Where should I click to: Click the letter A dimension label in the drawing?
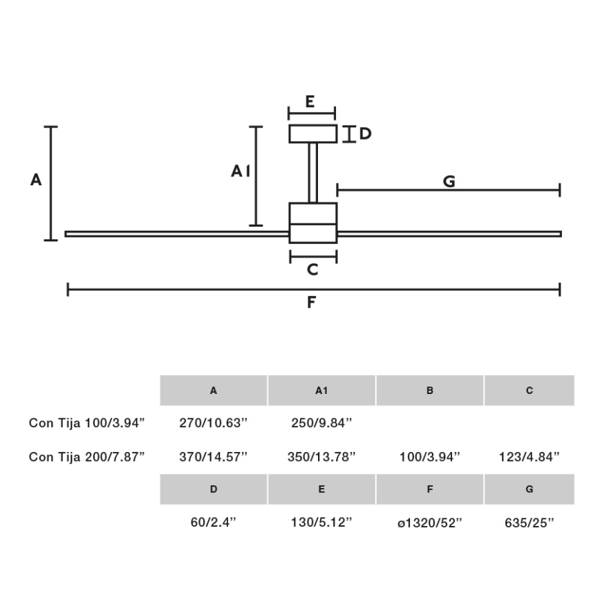pyautogui.click(x=37, y=180)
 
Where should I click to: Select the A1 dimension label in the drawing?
pyautogui.click(x=241, y=171)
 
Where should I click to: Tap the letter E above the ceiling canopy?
pyautogui.click(x=310, y=102)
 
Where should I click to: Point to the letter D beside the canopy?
pyautogui.click(x=364, y=133)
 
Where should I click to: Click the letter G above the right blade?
pyautogui.click(x=449, y=181)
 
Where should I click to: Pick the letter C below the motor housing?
pyautogui.click(x=312, y=270)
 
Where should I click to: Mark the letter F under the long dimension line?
pyautogui.click(x=311, y=302)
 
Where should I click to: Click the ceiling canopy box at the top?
pyautogui.click(x=312, y=133)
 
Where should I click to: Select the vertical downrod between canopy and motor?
pyautogui.click(x=312, y=173)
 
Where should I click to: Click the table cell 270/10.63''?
pyautogui.click(x=214, y=422)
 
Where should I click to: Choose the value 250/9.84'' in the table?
pyautogui.click(x=321, y=422)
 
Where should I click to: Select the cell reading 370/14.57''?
pyautogui.click(x=214, y=456)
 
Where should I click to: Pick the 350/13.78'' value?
pyautogui.click(x=321, y=456)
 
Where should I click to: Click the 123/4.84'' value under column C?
pyautogui.click(x=529, y=456)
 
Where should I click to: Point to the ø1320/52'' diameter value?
pyautogui.click(x=429, y=523)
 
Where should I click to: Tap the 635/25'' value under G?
pyautogui.click(x=529, y=523)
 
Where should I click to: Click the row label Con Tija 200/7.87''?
pyautogui.click(x=87, y=456)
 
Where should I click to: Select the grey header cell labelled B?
pyautogui.click(x=430, y=391)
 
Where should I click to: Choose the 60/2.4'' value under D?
pyautogui.click(x=214, y=523)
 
